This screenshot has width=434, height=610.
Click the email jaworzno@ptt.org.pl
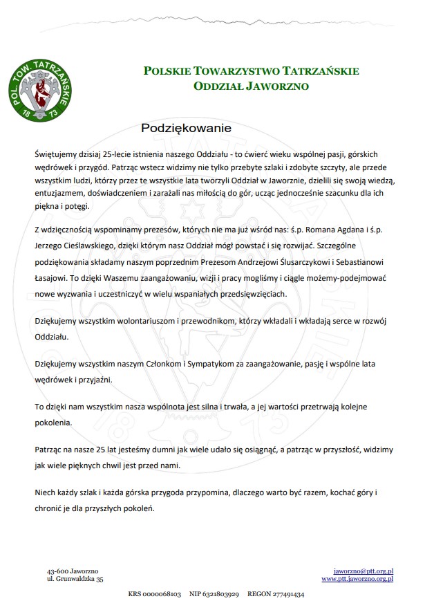coord(364,571)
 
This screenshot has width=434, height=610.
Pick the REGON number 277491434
coord(285,594)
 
